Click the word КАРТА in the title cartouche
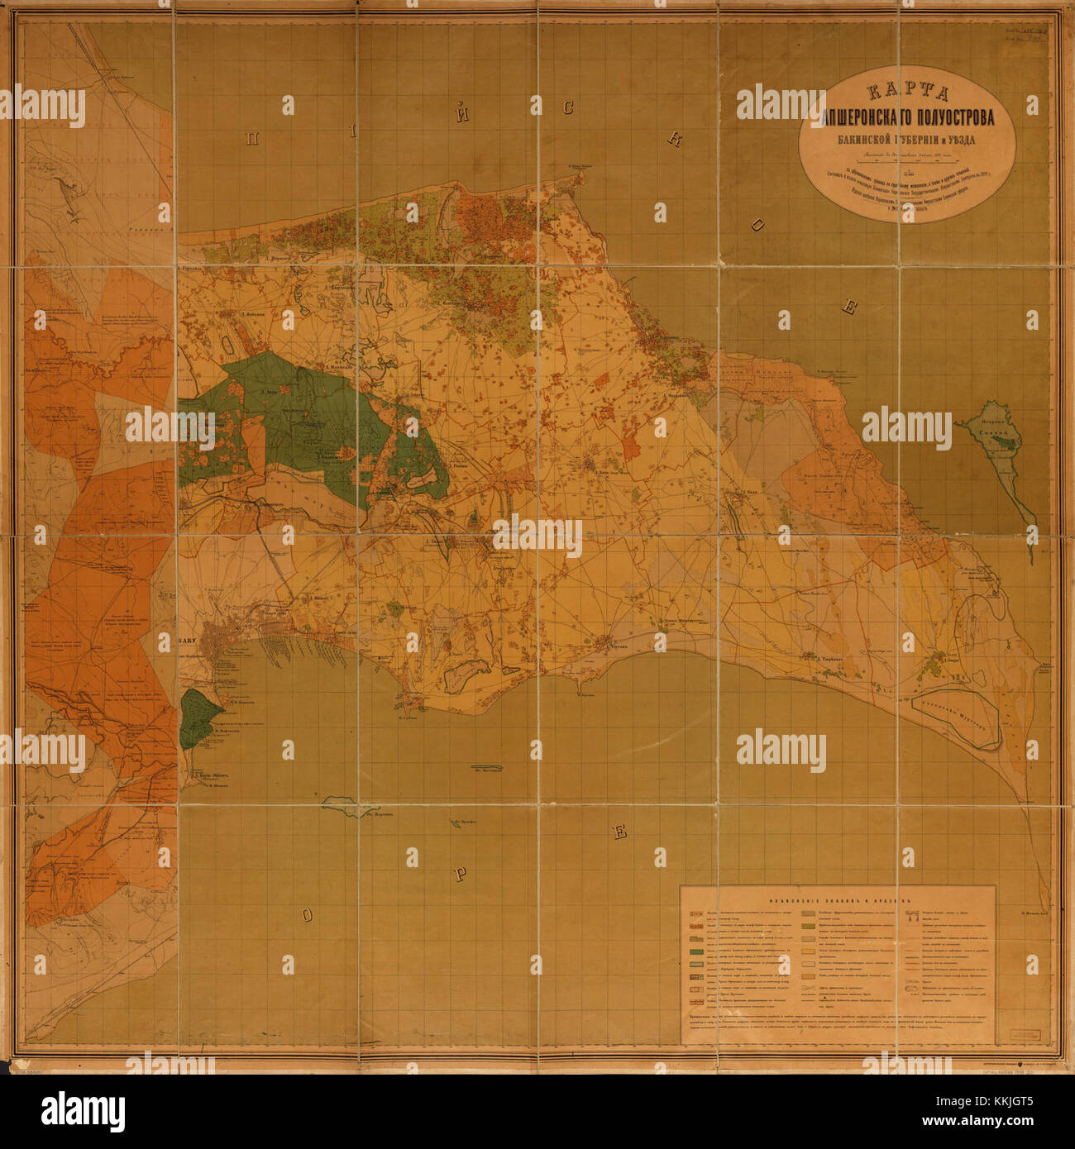(x=907, y=95)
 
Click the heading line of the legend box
(x=838, y=901)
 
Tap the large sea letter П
(x=251, y=139)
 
